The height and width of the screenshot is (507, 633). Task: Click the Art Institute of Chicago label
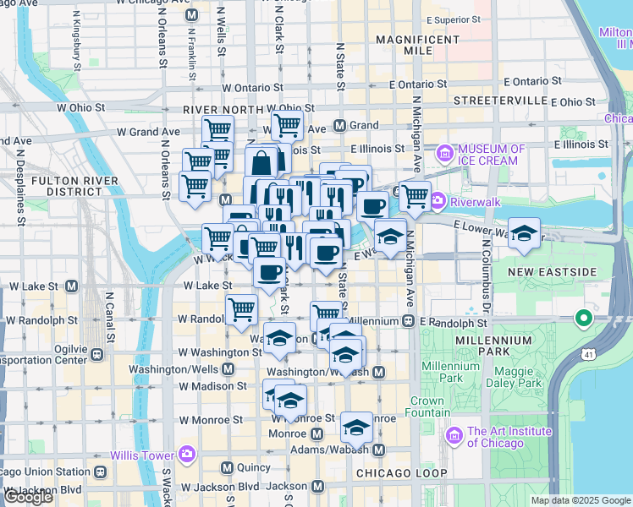pos(509,437)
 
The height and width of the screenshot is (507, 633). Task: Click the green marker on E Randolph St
pos(582,319)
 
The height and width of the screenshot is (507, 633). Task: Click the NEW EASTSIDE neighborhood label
pos(554,271)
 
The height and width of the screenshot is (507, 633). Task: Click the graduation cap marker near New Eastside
pos(525,233)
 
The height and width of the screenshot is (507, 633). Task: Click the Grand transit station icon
pos(339,126)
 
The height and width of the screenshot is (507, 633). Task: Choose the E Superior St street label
pos(453,19)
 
